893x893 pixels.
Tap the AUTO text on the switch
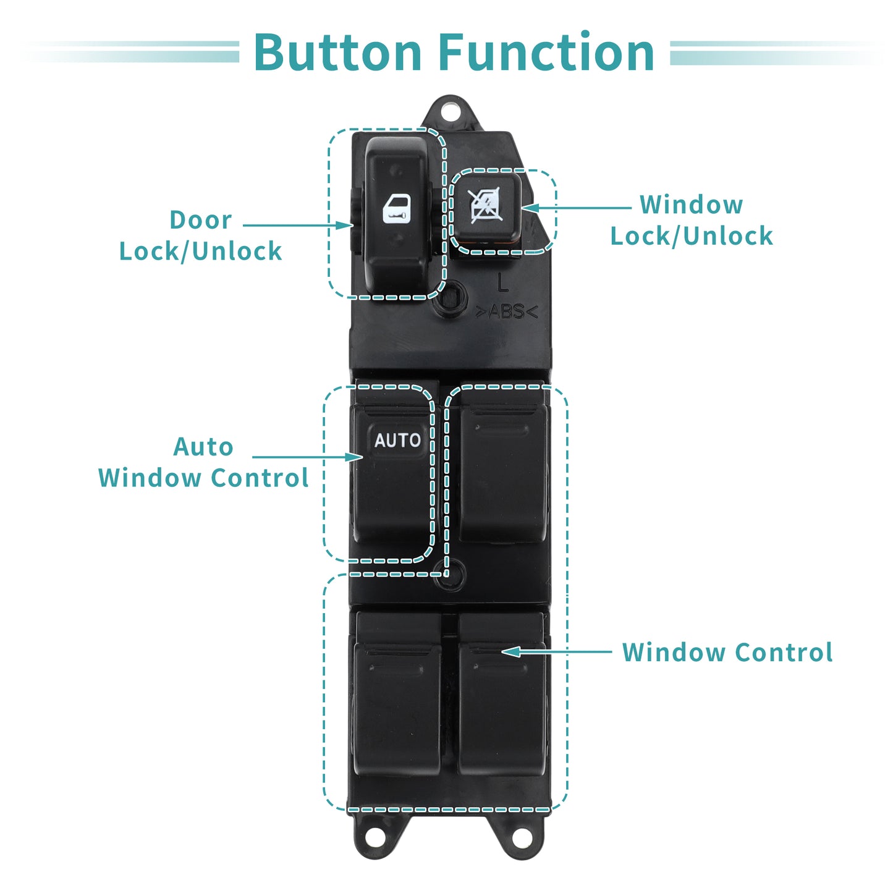click(397, 440)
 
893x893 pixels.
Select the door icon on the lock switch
click(397, 209)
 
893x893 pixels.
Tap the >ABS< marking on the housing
click(507, 311)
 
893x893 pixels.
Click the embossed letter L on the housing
click(503, 282)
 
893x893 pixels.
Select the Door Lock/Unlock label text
click(201, 235)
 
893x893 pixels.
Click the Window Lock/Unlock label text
click(691, 220)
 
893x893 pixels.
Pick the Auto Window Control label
click(203, 462)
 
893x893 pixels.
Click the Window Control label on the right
click(727, 652)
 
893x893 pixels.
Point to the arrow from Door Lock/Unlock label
click(298, 225)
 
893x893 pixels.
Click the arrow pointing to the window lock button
click(577, 208)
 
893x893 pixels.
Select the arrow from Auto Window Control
click(308, 457)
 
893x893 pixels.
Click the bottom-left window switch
click(397, 708)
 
